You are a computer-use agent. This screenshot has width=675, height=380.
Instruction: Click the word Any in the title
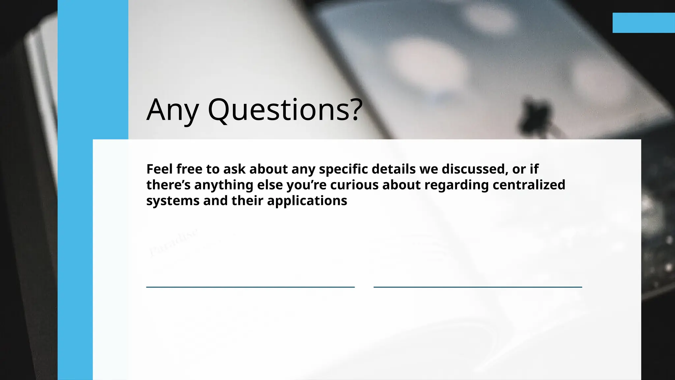172,110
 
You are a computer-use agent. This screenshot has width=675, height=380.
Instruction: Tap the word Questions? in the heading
285,110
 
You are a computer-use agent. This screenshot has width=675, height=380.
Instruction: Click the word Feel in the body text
160,169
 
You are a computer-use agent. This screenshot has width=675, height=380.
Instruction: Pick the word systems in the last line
173,201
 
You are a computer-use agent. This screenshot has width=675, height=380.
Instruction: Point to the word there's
168,185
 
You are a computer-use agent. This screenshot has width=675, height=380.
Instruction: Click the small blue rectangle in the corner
643,23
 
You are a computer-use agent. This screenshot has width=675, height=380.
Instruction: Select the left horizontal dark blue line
250,287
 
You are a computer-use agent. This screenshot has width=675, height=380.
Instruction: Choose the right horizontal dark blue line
478,287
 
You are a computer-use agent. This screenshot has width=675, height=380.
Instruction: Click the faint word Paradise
173,242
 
